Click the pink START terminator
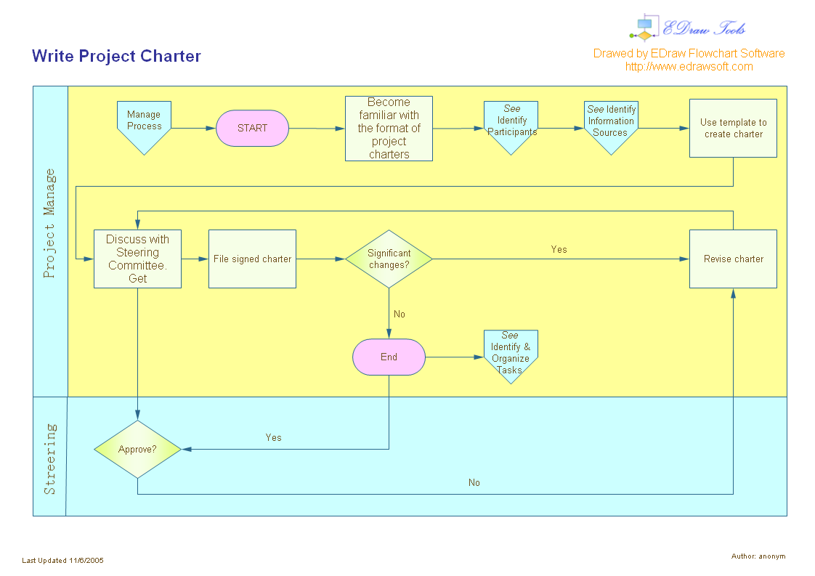pos(252,128)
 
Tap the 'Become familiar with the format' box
pos(389,129)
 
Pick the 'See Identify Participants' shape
pos(511,123)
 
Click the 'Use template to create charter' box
pos(733,129)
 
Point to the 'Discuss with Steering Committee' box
pos(137,259)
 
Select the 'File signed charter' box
pos(252,259)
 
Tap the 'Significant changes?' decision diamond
pos(389,259)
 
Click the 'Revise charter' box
pos(733,259)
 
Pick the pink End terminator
pos(389,357)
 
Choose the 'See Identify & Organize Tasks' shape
pos(511,354)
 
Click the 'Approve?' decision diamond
pos(137,450)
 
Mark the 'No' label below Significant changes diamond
pos(400,315)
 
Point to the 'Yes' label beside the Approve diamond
pos(273,438)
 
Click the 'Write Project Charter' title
pos(116,57)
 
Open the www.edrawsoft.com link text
pos(689,67)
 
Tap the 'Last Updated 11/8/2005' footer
pos(63,561)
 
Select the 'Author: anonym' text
pos(758,556)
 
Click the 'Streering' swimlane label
pos(49,458)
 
